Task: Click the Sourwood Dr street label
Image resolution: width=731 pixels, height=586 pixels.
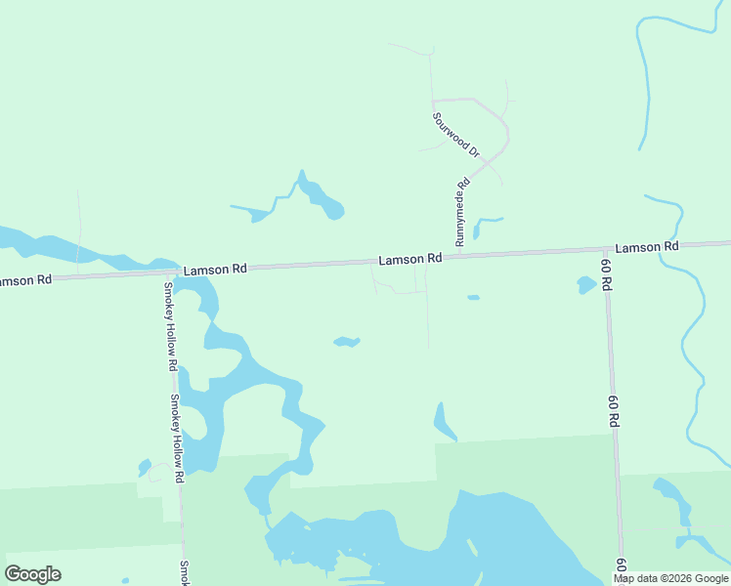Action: pyautogui.click(x=456, y=135)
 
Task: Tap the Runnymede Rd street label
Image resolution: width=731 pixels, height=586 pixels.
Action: pyautogui.click(x=462, y=211)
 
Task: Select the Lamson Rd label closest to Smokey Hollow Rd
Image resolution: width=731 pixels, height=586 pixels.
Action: pyautogui.click(x=215, y=269)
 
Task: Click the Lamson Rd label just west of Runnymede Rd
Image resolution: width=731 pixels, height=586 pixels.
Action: pyautogui.click(x=410, y=259)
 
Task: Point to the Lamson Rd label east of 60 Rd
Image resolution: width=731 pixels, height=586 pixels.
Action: pyautogui.click(x=646, y=247)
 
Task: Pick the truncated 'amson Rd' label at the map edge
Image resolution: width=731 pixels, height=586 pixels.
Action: pyautogui.click(x=25, y=280)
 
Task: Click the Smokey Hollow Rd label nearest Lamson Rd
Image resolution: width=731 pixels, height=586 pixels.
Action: pyautogui.click(x=170, y=326)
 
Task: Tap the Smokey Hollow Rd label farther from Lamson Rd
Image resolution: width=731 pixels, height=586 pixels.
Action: pyautogui.click(x=176, y=439)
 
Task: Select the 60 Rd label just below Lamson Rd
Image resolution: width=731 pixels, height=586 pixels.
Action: pyautogui.click(x=607, y=275)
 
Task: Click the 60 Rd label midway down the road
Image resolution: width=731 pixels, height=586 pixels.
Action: pyautogui.click(x=614, y=415)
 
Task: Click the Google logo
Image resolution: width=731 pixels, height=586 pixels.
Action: pyautogui.click(x=33, y=573)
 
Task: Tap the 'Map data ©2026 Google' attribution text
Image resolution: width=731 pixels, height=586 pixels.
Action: pyautogui.click(x=671, y=578)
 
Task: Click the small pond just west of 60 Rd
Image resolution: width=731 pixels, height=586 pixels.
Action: pyautogui.click(x=586, y=285)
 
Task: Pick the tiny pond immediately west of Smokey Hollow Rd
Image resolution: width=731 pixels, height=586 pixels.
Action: pyautogui.click(x=145, y=468)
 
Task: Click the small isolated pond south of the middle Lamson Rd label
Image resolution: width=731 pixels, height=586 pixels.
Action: pyautogui.click(x=347, y=342)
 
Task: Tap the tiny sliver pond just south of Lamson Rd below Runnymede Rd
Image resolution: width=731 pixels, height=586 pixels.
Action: pyautogui.click(x=474, y=297)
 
